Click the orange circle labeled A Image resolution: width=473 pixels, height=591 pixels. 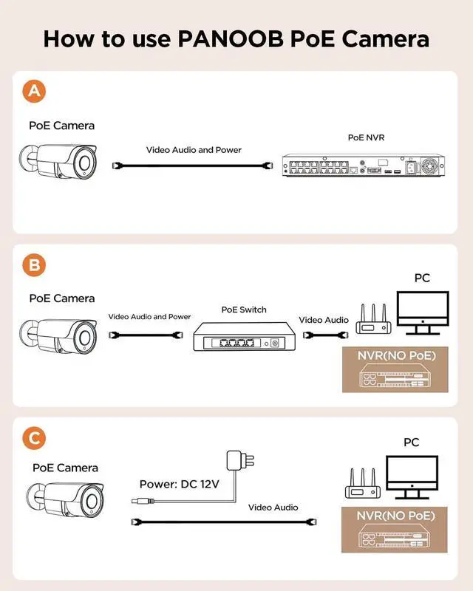click(34, 91)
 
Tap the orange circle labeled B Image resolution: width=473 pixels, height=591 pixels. click(34, 265)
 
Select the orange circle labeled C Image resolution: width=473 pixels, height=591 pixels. click(34, 438)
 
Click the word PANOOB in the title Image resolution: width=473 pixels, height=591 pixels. click(231, 38)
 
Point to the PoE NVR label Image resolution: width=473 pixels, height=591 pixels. click(367, 137)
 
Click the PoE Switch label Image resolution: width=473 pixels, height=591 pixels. click(244, 310)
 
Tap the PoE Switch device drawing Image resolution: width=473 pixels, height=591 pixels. click(244, 337)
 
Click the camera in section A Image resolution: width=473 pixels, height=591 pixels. click(58, 161)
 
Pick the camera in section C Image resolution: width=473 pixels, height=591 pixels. click(65, 500)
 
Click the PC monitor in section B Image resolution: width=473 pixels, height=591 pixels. click(423, 312)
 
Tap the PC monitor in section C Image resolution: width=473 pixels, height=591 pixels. click(412, 477)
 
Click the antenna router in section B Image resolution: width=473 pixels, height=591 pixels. click(373, 319)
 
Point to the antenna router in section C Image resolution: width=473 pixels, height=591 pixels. click(363, 484)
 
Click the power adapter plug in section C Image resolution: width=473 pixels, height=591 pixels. click(240, 460)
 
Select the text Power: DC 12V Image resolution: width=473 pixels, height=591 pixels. click(179, 484)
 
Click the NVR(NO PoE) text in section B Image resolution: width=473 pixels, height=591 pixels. click(396, 355)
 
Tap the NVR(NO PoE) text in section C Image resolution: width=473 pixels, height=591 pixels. click(395, 516)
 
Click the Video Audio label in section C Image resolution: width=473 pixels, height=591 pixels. click(273, 508)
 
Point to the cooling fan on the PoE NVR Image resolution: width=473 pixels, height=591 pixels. click(430, 165)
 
